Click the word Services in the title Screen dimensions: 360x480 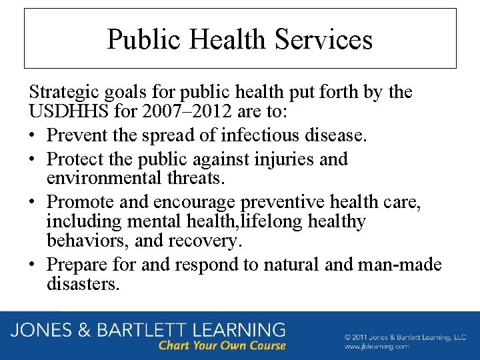[x=325, y=39]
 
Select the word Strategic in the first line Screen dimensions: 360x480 [x=59, y=91]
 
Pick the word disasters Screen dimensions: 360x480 [x=83, y=284]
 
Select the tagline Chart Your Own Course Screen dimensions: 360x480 [x=222, y=345]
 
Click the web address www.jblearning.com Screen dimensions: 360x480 [x=377, y=347]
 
